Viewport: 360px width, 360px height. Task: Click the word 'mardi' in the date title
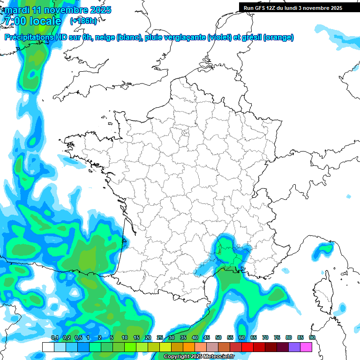pyautogui.click(x=16, y=10)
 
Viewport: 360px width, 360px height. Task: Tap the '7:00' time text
pyautogui.click(x=15, y=21)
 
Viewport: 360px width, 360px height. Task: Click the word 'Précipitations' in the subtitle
pyautogui.click(x=29, y=37)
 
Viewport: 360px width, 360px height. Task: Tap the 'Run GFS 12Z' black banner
pyautogui.click(x=293, y=7)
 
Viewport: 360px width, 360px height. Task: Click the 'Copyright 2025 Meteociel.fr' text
pyautogui.click(x=199, y=357)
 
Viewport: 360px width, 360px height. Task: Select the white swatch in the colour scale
pyautogui.click(x=48, y=347)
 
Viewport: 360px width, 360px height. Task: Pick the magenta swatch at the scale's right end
pyautogui.click(x=306, y=347)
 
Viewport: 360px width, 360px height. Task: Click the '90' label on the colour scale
pyautogui.click(x=312, y=337)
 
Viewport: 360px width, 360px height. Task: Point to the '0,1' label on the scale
pyautogui.click(x=54, y=337)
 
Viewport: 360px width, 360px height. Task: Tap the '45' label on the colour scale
pyautogui.click(x=207, y=337)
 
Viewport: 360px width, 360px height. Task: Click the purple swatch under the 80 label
pyautogui.click(x=294, y=347)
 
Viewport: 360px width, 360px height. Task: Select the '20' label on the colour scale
pyautogui.click(x=148, y=337)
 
